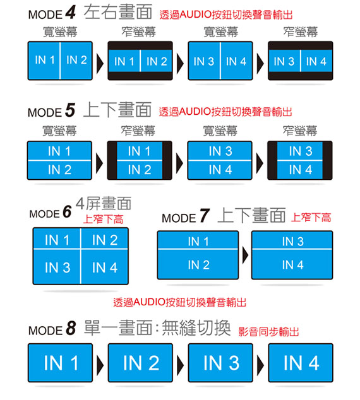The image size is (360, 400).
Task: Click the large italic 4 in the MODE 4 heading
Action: [x=71, y=12]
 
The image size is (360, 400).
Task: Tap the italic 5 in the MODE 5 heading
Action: [x=70, y=110]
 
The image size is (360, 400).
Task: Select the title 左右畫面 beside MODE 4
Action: [x=118, y=12]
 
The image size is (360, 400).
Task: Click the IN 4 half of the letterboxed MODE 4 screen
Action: [x=316, y=61]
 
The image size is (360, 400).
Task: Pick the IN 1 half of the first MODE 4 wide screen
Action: [x=44, y=61]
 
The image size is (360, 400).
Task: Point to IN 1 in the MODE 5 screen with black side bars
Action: [x=140, y=151]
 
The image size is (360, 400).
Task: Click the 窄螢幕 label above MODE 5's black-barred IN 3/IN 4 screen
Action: [x=300, y=131]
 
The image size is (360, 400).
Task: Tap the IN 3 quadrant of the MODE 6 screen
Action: [x=57, y=267]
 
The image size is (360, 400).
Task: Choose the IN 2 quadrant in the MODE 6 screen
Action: [x=105, y=239]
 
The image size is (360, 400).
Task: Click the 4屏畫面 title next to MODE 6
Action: [x=104, y=203]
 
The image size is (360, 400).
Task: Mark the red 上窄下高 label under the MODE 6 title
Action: [x=104, y=219]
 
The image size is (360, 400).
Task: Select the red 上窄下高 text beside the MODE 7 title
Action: [x=311, y=218]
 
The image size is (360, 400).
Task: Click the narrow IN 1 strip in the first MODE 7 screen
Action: [x=198, y=240]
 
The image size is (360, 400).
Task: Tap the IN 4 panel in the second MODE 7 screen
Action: [x=292, y=264]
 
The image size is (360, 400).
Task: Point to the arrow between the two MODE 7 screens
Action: [x=245, y=255]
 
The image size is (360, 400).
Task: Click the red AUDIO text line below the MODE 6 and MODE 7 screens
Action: [x=180, y=302]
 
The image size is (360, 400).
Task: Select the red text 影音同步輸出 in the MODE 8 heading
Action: [x=268, y=332]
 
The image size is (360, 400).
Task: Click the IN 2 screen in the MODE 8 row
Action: [x=140, y=363]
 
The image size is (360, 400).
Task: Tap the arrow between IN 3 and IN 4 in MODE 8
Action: [x=260, y=364]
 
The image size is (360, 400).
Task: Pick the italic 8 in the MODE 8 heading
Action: [x=71, y=328]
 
